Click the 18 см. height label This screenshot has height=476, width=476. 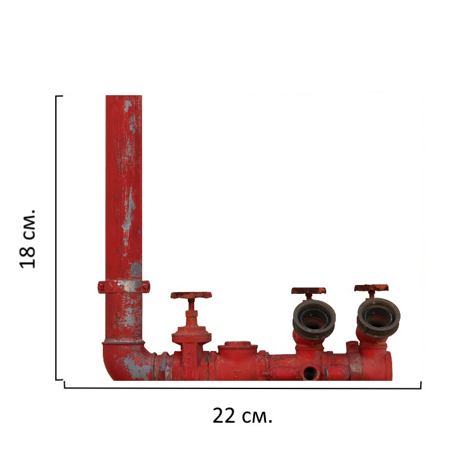pyautogui.click(x=28, y=239)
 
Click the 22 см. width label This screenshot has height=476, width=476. pyautogui.click(x=242, y=416)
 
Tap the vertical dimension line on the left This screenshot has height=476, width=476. pyautogui.click(x=56, y=238)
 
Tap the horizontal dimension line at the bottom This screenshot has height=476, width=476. pyautogui.click(x=242, y=388)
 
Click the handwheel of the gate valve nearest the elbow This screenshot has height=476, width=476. pyautogui.click(x=191, y=295)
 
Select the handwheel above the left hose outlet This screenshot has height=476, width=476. pyautogui.click(x=308, y=291)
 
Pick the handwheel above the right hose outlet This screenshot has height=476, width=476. pyautogui.click(x=371, y=288)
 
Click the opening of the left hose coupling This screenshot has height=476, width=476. pyautogui.click(x=314, y=319)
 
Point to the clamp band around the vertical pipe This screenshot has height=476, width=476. pyautogui.click(x=124, y=286)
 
